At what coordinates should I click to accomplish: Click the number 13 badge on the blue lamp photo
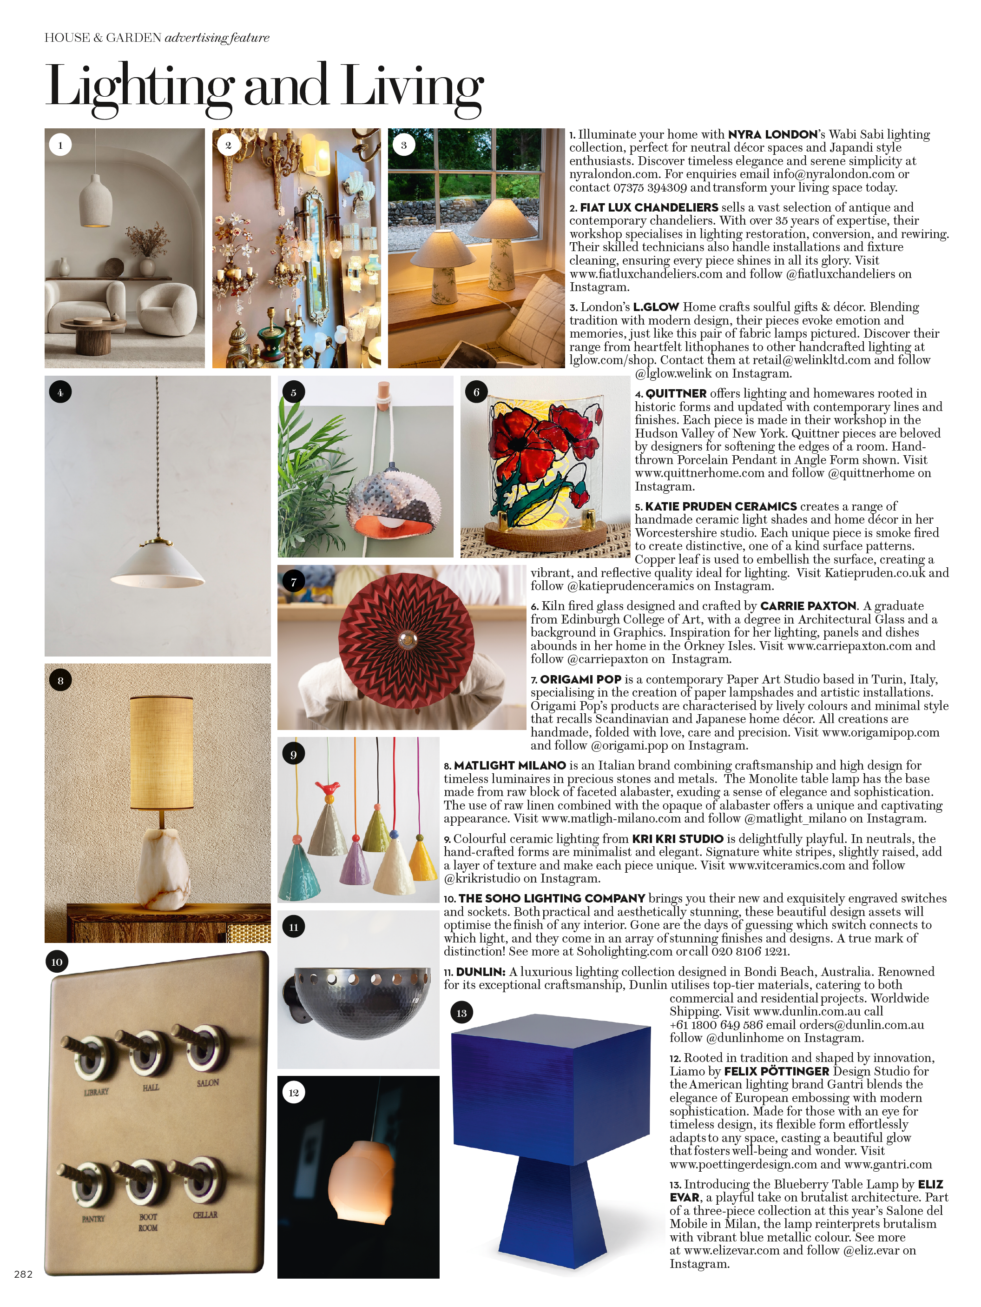pyautogui.click(x=461, y=1013)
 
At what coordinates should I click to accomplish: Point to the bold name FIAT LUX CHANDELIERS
pyautogui.click(x=648, y=207)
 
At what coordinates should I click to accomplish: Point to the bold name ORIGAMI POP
pyautogui.click(x=580, y=679)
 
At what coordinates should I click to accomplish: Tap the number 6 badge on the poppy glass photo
pyautogui.click(x=476, y=392)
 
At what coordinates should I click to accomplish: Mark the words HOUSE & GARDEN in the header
pyautogui.click(x=103, y=38)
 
